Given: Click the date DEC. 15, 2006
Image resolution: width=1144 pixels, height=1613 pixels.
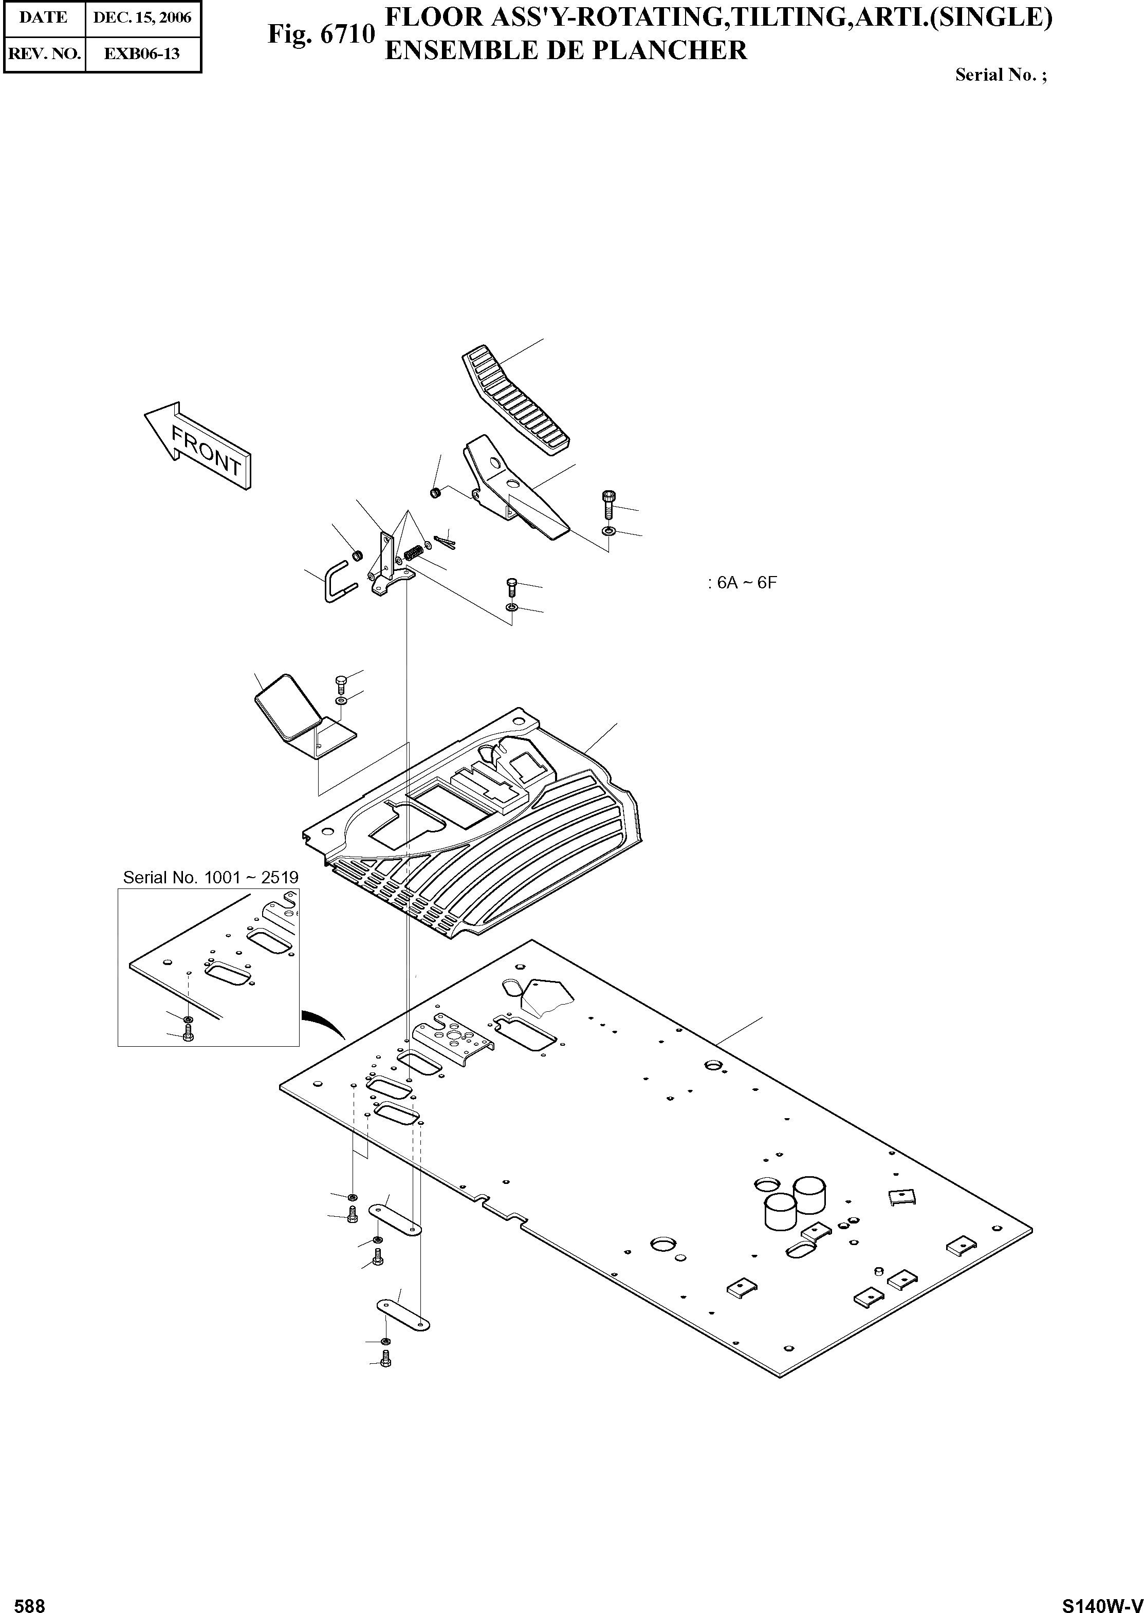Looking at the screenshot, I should (x=142, y=17).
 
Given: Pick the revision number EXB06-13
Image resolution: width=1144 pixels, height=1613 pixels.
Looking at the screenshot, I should (x=142, y=53).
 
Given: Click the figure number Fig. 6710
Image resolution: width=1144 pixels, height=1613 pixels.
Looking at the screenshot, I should (x=321, y=34).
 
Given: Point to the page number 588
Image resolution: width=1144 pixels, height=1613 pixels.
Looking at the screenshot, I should (x=30, y=1600).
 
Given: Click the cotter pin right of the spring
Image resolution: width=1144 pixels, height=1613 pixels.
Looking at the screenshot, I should (x=446, y=540).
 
